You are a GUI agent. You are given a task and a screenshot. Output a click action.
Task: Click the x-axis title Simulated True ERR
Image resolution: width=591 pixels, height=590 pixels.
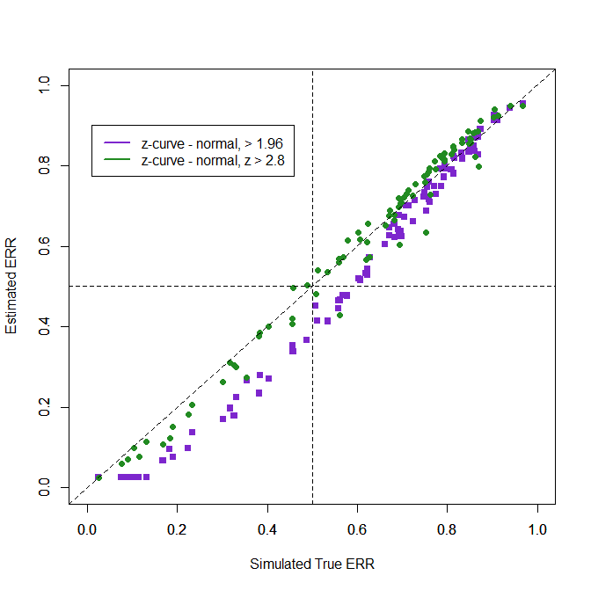pyautogui.click(x=312, y=564)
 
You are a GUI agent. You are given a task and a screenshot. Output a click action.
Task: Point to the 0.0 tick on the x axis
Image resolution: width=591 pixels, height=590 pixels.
pyautogui.click(x=87, y=530)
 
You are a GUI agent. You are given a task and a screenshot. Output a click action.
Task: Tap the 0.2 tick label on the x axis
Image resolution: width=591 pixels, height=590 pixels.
pyautogui.click(x=177, y=530)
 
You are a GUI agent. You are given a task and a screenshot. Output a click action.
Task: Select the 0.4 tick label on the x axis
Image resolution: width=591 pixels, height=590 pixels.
pyautogui.click(x=267, y=530)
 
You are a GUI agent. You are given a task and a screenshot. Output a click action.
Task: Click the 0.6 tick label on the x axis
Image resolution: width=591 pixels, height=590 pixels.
pyautogui.click(x=357, y=530)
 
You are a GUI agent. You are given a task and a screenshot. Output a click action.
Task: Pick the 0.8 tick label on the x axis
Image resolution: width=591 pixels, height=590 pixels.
pyautogui.click(x=447, y=530)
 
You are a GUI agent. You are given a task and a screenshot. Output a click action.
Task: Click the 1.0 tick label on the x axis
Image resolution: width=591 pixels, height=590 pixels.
pyautogui.click(x=537, y=530)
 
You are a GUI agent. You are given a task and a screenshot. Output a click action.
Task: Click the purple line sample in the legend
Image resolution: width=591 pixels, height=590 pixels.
pyautogui.click(x=118, y=142)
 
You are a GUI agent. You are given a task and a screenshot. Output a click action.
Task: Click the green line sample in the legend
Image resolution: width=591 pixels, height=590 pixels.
pyautogui.click(x=118, y=160)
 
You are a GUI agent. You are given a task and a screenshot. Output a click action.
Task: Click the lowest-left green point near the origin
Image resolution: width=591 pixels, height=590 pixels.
pyautogui.click(x=98, y=477)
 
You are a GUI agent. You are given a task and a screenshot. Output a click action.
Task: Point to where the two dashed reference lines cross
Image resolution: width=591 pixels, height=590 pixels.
pyautogui.click(x=312, y=287)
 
